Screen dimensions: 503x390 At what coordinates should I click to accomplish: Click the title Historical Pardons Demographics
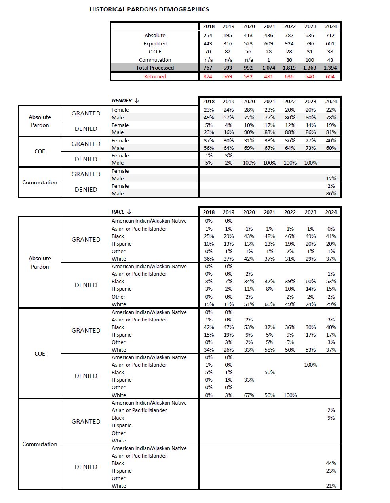click(x=149, y=9)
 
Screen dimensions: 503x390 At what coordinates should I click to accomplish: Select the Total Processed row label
click(x=155, y=68)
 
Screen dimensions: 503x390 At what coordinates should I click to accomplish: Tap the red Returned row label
click(x=155, y=76)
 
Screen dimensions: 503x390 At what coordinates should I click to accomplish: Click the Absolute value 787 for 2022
click(x=289, y=35)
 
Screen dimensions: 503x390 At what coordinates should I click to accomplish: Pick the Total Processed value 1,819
click(x=289, y=68)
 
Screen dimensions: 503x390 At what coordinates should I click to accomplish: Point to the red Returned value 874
click(x=208, y=76)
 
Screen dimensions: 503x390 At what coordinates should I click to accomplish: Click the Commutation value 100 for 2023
click(x=310, y=60)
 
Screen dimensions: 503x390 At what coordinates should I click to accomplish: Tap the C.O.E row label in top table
click(x=155, y=51)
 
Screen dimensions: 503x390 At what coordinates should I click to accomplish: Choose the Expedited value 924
click(x=289, y=43)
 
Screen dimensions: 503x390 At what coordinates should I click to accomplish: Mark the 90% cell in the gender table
click(x=249, y=132)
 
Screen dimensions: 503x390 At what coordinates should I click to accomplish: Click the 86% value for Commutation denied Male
click(x=331, y=193)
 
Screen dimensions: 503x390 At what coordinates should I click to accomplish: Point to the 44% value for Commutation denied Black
click(x=331, y=463)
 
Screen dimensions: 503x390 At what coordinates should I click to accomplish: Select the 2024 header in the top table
click(x=331, y=26)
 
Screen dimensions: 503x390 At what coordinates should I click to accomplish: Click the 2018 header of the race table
click(x=209, y=212)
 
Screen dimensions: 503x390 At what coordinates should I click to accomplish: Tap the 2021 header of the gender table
click(x=269, y=101)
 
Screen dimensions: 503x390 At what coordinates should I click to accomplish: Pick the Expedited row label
click(x=155, y=43)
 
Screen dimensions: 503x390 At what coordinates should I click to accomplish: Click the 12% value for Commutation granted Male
click(x=331, y=178)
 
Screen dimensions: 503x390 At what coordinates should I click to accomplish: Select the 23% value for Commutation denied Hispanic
click(x=331, y=471)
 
